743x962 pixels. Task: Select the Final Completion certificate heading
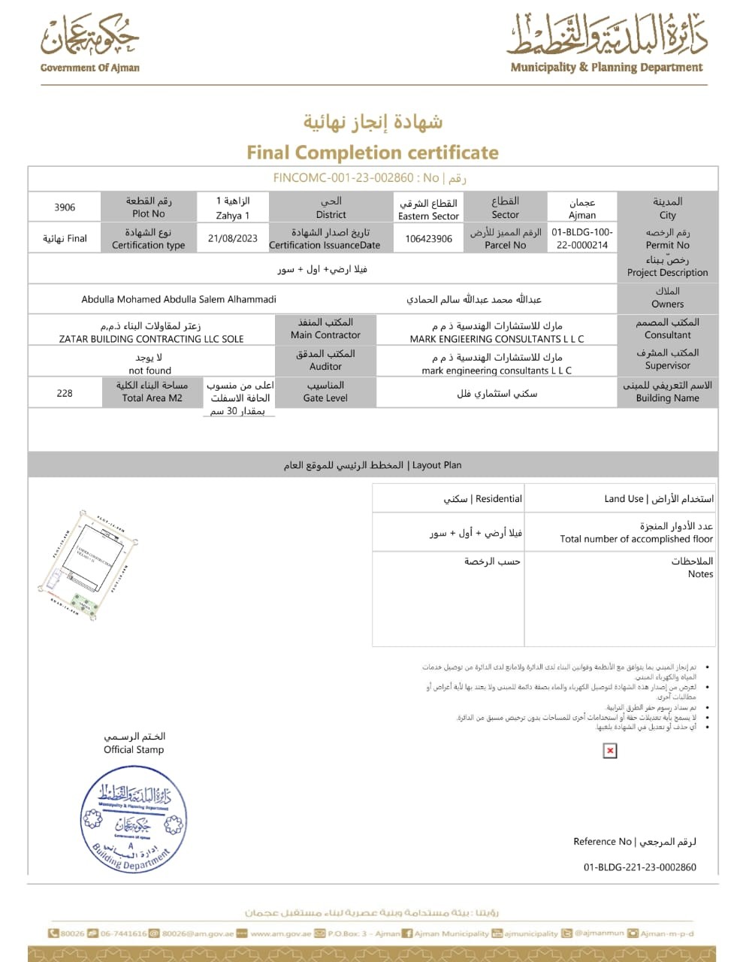tap(373, 153)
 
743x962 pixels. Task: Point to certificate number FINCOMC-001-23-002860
tap(343, 178)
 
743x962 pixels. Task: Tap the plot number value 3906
tap(65, 207)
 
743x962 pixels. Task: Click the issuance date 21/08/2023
tap(233, 238)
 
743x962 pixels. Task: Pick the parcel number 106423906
tap(428, 239)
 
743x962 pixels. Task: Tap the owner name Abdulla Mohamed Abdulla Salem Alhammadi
tap(179, 299)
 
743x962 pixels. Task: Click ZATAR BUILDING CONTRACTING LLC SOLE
tap(152, 339)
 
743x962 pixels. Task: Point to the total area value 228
tap(65, 393)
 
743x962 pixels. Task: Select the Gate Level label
tap(325, 398)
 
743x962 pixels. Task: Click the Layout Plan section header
tap(373, 465)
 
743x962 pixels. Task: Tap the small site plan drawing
tap(89, 564)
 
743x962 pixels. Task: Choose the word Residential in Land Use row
tap(499, 498)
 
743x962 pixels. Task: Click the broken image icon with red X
tap(610, 750)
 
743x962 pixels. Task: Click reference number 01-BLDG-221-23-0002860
tap(639, 867)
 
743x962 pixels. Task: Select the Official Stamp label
tap(134, 749)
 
